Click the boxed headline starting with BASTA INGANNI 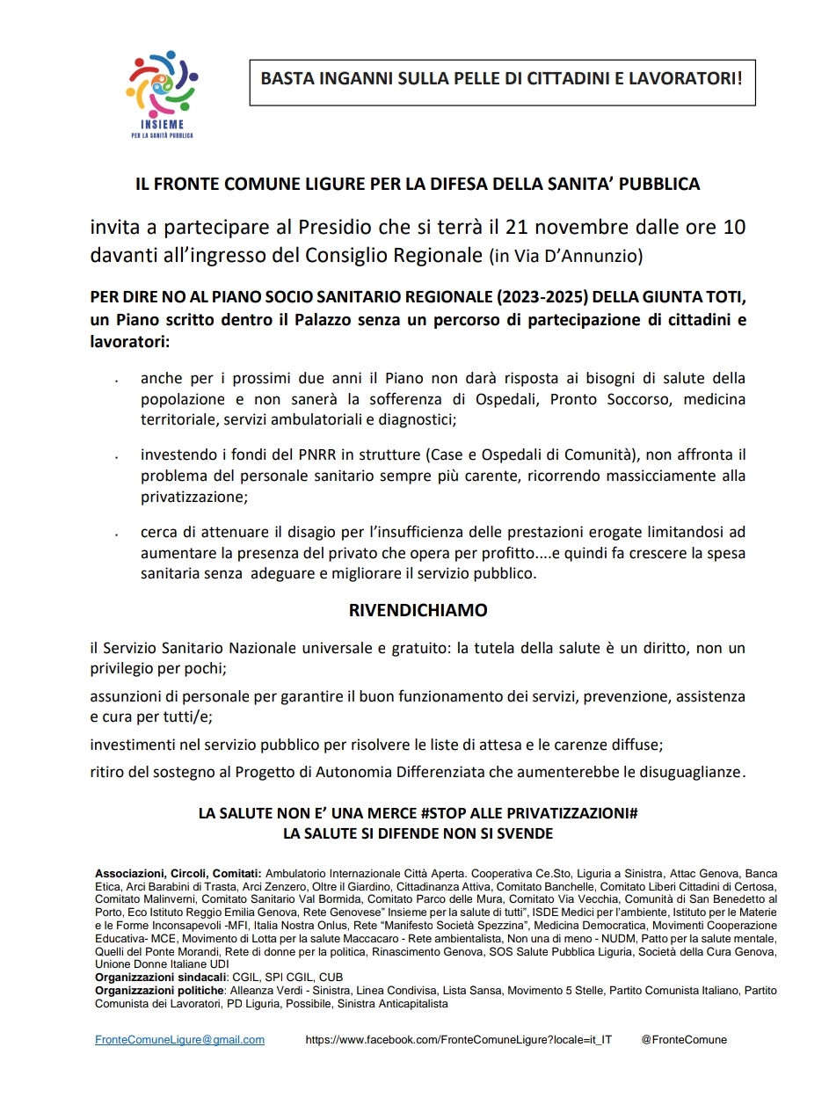[501, 78]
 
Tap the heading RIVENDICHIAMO [418, 610]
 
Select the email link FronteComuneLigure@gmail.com [179, 1039]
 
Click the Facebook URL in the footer [458, 1039]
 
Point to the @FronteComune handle [684, 1039]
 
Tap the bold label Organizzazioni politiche [158, 990]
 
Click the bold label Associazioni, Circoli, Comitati [178, 874]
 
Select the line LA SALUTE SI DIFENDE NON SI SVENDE [418, 833]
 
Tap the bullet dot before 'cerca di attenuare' [116, 534]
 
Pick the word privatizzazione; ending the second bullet [193, 497]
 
